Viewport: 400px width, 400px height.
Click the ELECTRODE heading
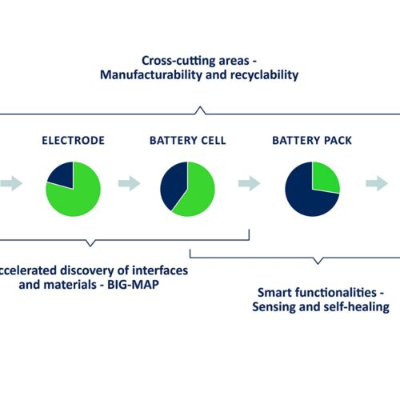tap(73, 141)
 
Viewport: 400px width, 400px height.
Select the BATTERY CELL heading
tap(187, 141)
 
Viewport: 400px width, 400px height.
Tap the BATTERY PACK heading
tap(312, 141)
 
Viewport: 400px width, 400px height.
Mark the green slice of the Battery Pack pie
tap(326, 178)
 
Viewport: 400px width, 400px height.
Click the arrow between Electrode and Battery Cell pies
tap(130, 183)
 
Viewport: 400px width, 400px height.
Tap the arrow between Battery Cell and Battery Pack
tap(250, 183)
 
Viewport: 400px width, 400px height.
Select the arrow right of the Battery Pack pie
tap(377, 183)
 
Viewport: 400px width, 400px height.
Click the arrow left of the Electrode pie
tap(11, 183)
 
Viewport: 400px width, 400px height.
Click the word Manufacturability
tap(151, 75)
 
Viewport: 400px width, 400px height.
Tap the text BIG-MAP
tap(133, 285)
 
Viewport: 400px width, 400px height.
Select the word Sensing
tap(274, 307)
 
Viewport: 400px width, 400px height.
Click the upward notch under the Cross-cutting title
tap(200, 110)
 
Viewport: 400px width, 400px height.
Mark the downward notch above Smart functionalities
tap(318, 261)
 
